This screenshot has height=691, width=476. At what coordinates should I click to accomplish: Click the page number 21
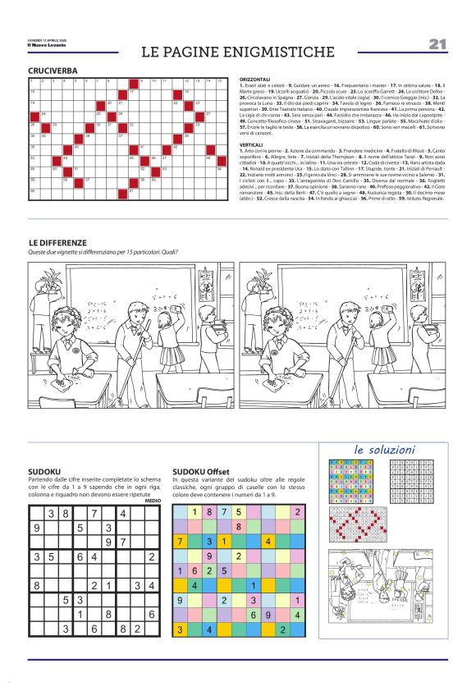coord(437,44)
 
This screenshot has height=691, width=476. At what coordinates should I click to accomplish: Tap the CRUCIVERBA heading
coord(53,71)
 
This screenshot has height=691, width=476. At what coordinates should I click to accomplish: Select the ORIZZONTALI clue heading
coord(255,80)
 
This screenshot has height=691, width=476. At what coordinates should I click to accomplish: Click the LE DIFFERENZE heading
coord(57,243)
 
